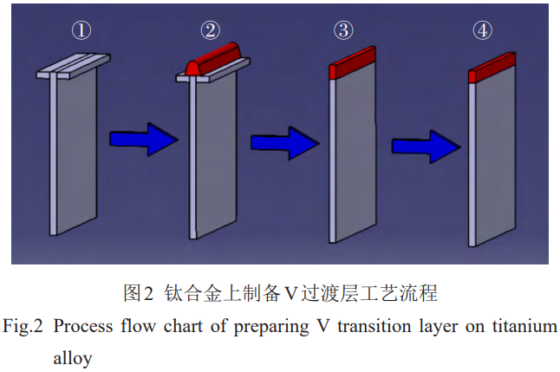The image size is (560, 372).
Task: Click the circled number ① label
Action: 81,31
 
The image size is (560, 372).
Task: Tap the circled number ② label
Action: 210,31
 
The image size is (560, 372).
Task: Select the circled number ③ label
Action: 343,31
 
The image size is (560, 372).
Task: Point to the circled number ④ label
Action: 483,31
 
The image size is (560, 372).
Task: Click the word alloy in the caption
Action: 72,356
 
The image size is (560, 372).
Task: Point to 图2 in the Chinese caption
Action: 139,293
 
